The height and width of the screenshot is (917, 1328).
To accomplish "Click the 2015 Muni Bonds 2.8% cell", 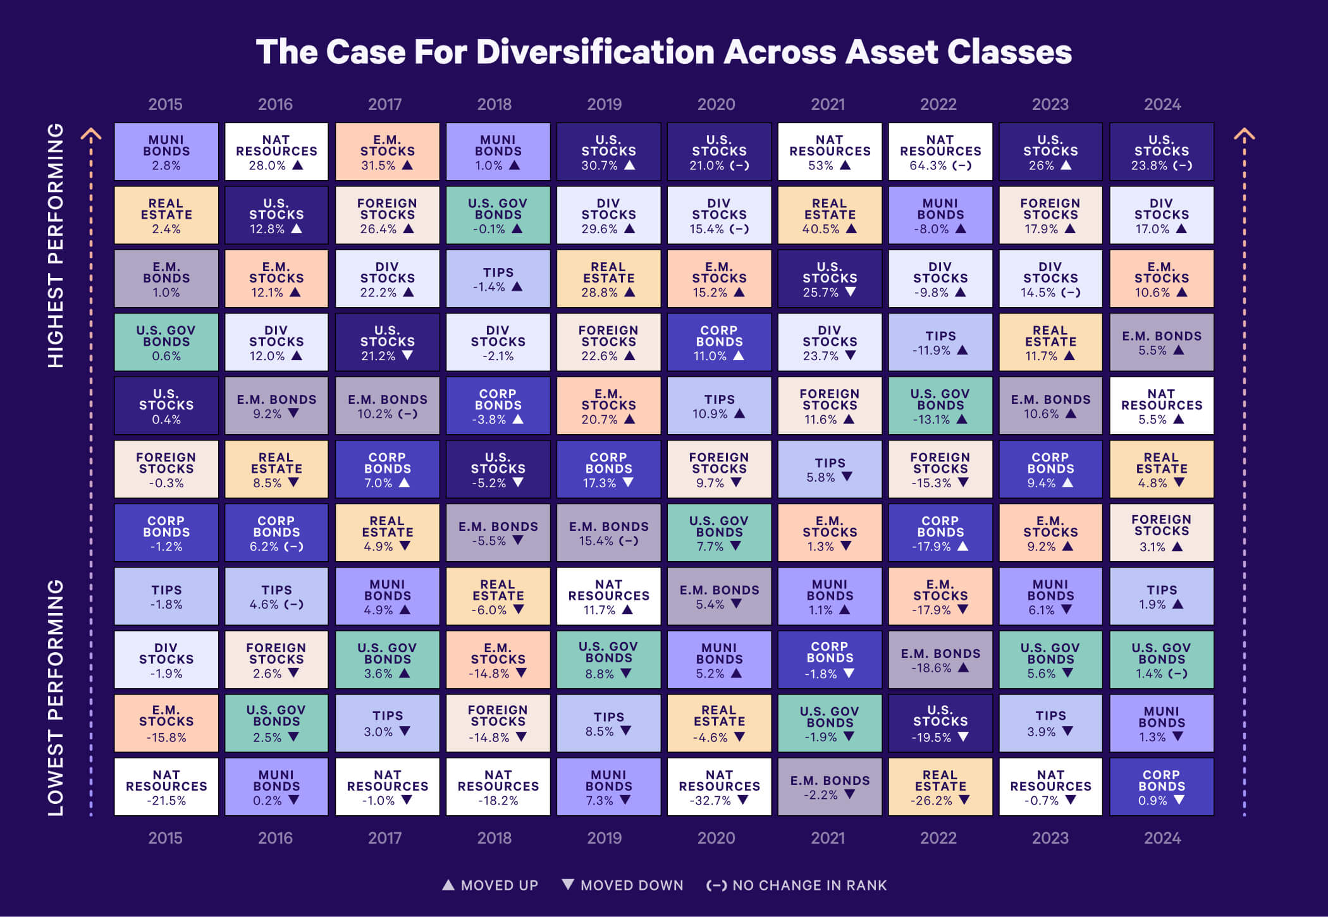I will pos(166,152).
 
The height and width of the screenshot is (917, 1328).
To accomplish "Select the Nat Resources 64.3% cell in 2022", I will pos(940,152).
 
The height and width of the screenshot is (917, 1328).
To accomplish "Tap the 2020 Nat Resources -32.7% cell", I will pos(719,787).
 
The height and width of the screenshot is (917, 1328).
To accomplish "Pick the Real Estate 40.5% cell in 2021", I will pos(830,215).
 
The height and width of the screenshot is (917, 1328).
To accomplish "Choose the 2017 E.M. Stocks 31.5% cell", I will pos(387,152).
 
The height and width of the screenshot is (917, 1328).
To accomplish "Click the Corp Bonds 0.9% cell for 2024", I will pos(1162,787).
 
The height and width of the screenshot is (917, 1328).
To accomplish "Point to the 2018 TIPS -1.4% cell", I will pos(498,279).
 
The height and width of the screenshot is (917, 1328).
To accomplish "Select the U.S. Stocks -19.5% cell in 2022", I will pos(940,723).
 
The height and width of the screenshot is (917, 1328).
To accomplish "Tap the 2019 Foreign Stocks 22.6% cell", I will pos(608,342).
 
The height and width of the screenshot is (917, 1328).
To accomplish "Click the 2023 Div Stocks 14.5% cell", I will pos(1050,279).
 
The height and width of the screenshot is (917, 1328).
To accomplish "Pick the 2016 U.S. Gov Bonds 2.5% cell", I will pos(276,723).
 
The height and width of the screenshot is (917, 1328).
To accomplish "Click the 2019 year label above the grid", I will pos(605,104).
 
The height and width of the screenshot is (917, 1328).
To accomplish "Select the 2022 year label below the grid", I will pos(938,838).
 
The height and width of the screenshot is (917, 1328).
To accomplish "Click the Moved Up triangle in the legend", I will pos(448,885).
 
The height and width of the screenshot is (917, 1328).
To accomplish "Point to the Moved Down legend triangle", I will pos(568,884).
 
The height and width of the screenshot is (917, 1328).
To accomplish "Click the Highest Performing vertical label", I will pos(56,245).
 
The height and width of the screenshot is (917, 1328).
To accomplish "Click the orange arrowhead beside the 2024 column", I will pos(1245,135).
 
